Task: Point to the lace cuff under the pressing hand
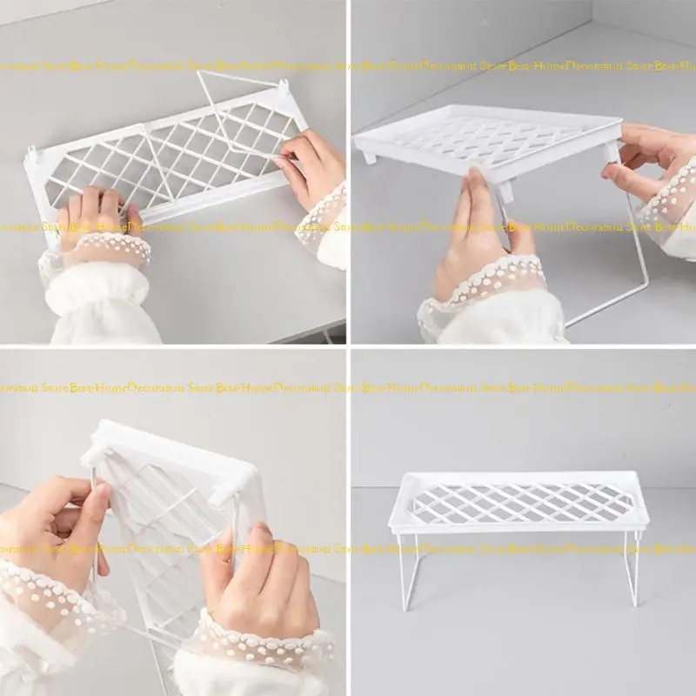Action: point(96,252)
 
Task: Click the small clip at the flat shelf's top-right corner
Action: point(284,88)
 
